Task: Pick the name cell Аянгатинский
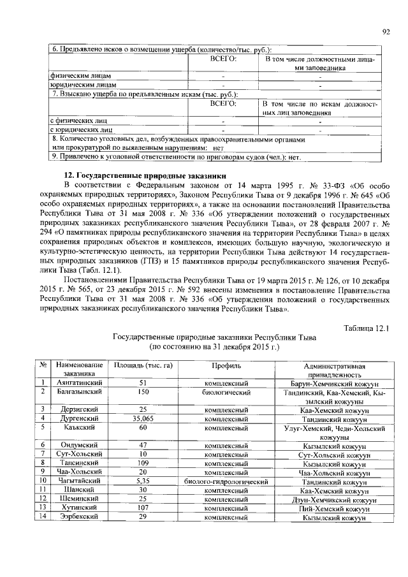coord(80,383)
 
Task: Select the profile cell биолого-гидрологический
coord(226,481)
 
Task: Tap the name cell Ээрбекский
coord(80,518)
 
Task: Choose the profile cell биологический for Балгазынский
coord(226,392)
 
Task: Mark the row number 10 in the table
coord(41,481)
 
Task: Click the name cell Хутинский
coord(80,509)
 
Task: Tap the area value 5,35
coord(143,481)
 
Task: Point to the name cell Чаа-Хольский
coord(80,472)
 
